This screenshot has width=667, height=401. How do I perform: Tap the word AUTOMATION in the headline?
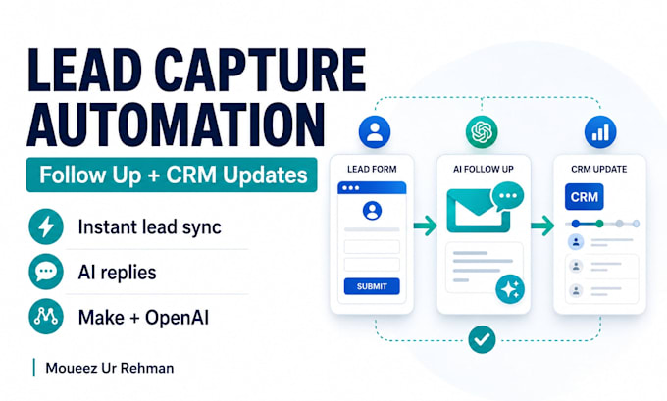(x=176, y=124)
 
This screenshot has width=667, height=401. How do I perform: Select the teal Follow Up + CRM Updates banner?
(x=172, y=175)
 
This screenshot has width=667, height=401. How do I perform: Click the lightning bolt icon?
(x=46, y=226)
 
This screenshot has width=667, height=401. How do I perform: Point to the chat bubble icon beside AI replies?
(x=46, y=272)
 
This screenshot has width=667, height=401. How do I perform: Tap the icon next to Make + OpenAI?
(x=46, y=317)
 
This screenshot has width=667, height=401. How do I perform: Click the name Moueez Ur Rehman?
(x=110, y=368)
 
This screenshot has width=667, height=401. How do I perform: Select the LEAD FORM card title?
(x=372, y=170)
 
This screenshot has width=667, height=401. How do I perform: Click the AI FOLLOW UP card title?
(x=484, y=170)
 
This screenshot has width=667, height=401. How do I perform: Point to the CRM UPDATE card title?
(x=599, y=170)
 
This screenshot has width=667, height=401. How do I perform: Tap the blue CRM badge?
(x=584, y=197)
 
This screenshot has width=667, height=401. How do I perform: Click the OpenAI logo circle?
(x=482, y=131)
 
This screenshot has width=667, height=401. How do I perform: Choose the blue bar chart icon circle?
(x=600, y=131)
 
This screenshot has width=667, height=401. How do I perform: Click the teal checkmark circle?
(x=482, y=339)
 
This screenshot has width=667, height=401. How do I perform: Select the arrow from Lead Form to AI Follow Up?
(x=425, y=226)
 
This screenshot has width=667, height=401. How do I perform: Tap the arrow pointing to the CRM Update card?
(x=542, y=226)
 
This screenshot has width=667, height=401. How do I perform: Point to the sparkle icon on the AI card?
(x=510, y=289)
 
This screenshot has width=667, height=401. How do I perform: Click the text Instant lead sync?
(x=150, y=227)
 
